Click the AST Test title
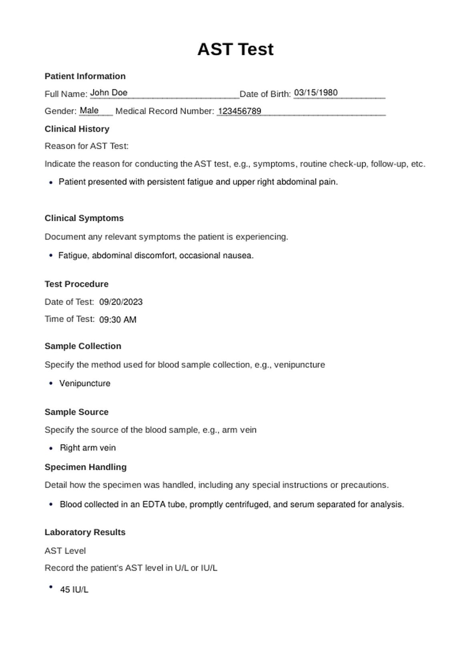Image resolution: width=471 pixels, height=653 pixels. point(235,49)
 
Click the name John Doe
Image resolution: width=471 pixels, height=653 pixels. point(109,93)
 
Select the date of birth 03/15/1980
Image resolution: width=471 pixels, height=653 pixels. point(316,93)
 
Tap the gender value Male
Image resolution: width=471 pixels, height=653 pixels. point(89,110)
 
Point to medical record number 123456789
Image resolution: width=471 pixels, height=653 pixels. point(240,111)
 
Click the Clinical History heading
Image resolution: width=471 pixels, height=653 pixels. point(77,129)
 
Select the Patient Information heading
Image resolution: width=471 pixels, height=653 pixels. point(85,76)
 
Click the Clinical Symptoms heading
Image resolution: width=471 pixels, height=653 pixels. point(84,218)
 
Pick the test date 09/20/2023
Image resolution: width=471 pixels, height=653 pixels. point(121,302)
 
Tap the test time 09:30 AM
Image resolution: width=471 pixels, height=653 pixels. point(118,320)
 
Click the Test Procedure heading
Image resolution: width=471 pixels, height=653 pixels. point(76,284)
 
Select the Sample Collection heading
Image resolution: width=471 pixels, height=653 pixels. point(83,346)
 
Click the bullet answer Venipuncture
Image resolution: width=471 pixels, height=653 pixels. point(85,383)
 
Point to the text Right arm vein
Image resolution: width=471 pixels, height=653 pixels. point(88,448)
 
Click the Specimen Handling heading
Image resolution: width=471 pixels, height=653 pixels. point(86,467)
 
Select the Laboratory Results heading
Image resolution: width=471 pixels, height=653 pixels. point(85,532)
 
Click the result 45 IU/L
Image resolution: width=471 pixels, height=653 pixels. point(74,590)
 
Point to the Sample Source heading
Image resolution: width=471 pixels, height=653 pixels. point(76,412)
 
